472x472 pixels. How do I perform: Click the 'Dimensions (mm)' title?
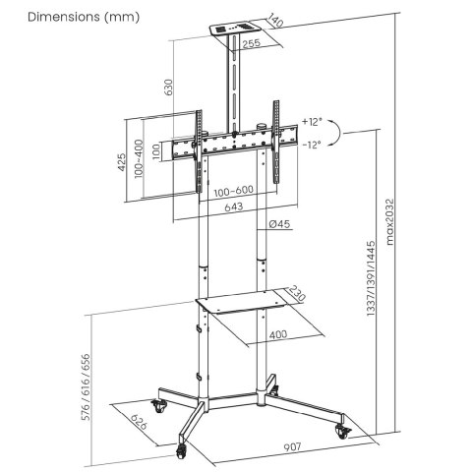coord(70,17)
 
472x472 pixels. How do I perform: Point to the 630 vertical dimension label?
coord(169,87)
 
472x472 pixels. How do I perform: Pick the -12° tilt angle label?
coord(312,145)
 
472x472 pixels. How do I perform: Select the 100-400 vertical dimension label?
coord(140,157)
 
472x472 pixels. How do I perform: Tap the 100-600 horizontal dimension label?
coord(232,190)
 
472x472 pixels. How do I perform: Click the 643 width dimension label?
coord(232,207)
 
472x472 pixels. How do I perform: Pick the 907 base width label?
coord(293,447)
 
